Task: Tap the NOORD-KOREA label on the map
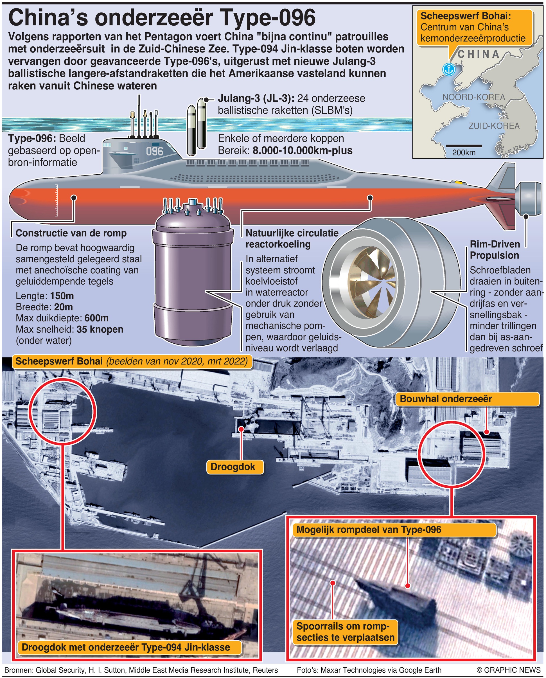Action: tap(474, 97)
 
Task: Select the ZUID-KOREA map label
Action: tap(494, 126)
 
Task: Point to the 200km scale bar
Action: tap(464, 146)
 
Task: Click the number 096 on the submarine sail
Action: tap(155, 151)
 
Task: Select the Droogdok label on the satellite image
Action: tap(233, 467)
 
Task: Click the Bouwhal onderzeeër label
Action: tap(446, 399)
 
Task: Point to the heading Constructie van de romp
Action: tap(71, 233)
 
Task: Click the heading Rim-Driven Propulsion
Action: tap(495, 249)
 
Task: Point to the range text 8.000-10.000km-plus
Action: tap(302, 150)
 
